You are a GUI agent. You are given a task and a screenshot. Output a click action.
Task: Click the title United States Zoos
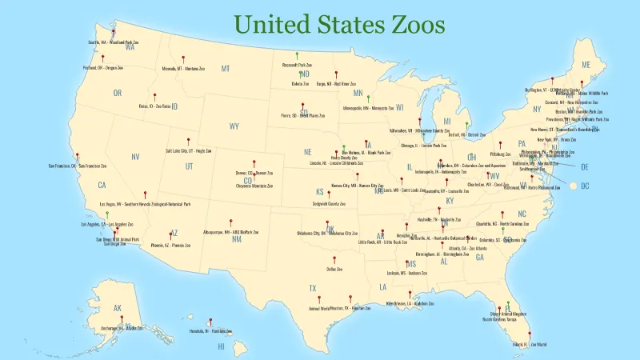[x=340, y=24]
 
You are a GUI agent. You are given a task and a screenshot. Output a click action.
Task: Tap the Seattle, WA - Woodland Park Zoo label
[x=114, y=42]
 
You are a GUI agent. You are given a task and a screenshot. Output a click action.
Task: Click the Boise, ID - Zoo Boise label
[x=156, y=105]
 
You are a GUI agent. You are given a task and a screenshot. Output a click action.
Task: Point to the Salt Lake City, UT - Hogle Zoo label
[x=189, y=150]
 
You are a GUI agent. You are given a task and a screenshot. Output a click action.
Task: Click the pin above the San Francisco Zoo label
[x=77, y=157]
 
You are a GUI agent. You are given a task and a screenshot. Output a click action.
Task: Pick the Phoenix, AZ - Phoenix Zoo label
[x=170, y=245]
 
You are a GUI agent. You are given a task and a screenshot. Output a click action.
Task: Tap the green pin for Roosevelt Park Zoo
[x=297, y=56]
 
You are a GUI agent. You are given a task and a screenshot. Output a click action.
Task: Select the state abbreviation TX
[x=313, y=287]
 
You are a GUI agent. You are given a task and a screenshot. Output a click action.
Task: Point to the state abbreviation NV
[x=135, y=157]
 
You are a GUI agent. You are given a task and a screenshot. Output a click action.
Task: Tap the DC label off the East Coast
[x=584, y=186]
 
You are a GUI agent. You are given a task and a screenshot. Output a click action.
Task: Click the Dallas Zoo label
[x=334, y=270]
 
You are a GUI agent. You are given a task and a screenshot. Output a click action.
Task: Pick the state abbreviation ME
[x=586, y=65]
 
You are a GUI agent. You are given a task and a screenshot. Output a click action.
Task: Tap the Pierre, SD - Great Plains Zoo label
[x=303, y=115]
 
